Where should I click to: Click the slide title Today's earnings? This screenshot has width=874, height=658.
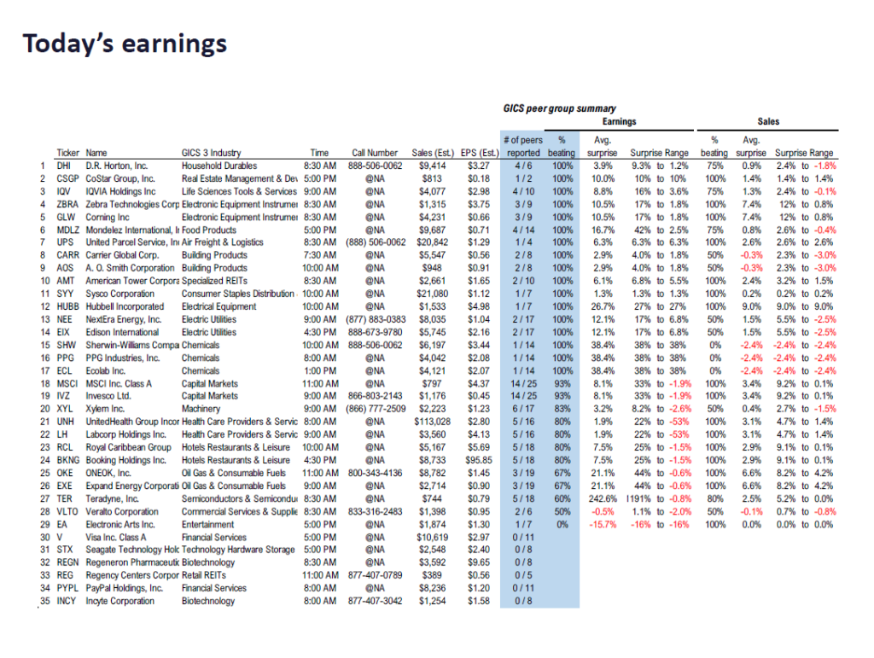[x=125, y=44]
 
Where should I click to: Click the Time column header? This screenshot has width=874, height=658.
[x=319, y=153]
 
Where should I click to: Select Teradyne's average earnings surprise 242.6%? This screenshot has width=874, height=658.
[x=601, y=498]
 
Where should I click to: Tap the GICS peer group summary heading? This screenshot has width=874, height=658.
[x=560, y=108]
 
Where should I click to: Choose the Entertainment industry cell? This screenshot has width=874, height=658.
[x=207, y=524]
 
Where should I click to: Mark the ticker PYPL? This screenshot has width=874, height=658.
[x=67, y=588]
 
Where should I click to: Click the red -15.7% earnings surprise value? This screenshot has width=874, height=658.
[x=603, y=524]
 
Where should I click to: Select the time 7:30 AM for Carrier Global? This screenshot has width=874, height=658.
[x=319, y=255]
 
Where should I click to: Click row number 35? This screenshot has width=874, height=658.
[x=43, y=601]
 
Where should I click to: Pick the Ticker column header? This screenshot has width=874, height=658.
[x=67, y=153]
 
